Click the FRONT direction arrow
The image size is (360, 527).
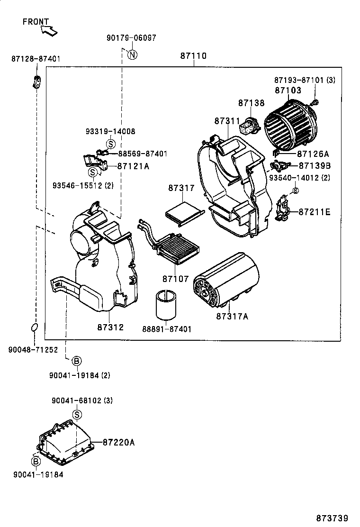coord(49,31)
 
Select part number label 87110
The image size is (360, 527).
coord(193,56)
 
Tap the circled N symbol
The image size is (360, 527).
coord(133,55)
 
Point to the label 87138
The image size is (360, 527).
coord(251,102)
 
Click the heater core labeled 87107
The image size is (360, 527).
coord(179,247)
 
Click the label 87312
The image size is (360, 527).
coord(111,327)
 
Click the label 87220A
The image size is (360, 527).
coord(119,442)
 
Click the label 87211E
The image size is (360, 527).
coord(314,212)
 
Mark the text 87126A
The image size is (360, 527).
coord(313,154)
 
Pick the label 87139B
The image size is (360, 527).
coord(314,165)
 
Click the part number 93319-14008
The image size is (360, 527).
coord(110,131)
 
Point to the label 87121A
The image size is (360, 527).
coord(133,166)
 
